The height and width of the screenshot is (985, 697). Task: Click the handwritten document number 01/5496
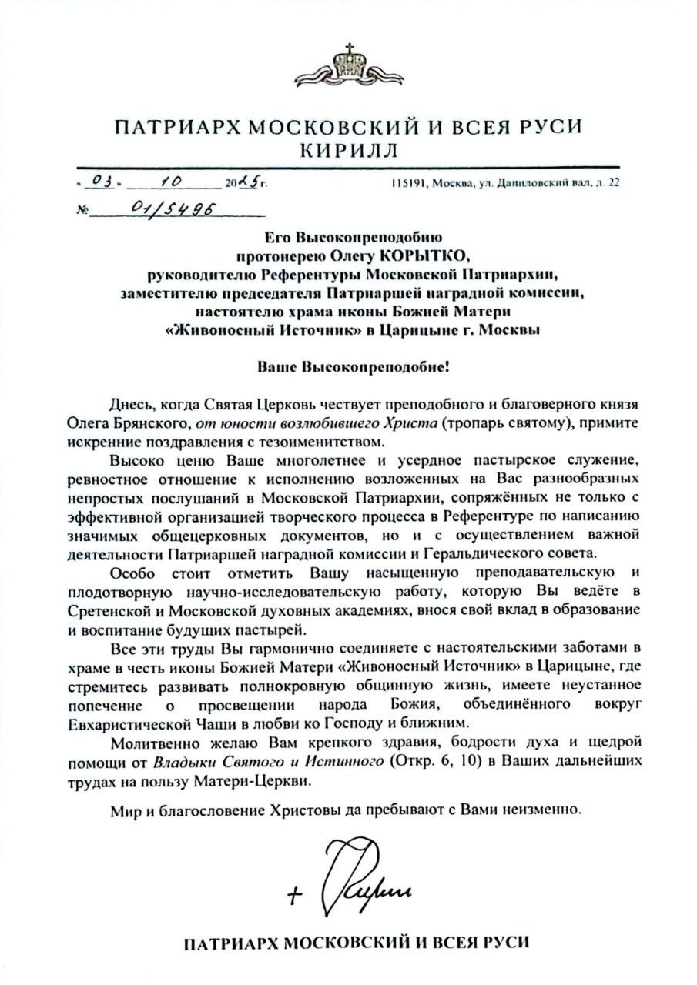pos(163,209)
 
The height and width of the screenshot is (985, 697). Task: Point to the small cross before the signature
pos(294,894)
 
